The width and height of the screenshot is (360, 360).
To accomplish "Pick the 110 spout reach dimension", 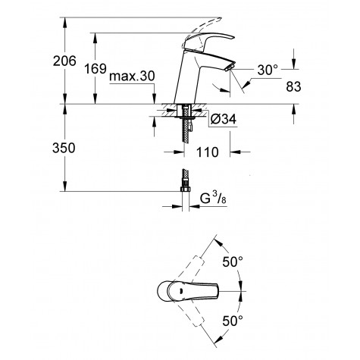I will click(207, 152).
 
